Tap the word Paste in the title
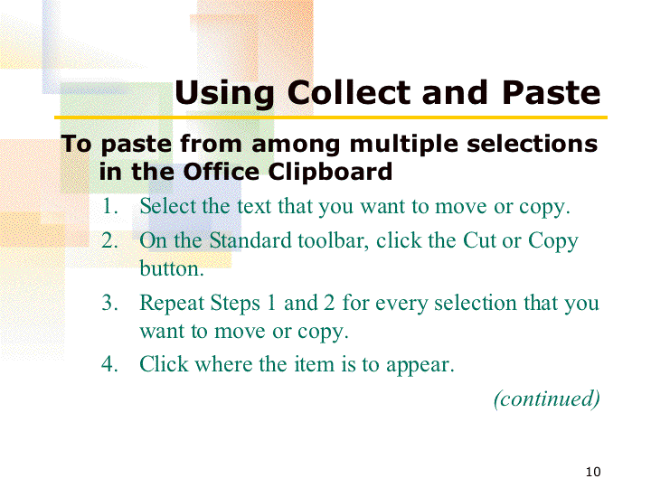552,92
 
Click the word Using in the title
224,94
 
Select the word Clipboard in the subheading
330,172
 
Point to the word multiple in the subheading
404,145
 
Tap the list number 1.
109,206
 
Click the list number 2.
109,240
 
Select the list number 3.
109,303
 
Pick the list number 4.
109,364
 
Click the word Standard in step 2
250,240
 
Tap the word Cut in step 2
479,240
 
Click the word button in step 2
172,268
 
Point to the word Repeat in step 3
172,303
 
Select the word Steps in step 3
235,304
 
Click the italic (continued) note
547,399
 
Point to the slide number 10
593,472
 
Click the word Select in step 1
167,206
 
